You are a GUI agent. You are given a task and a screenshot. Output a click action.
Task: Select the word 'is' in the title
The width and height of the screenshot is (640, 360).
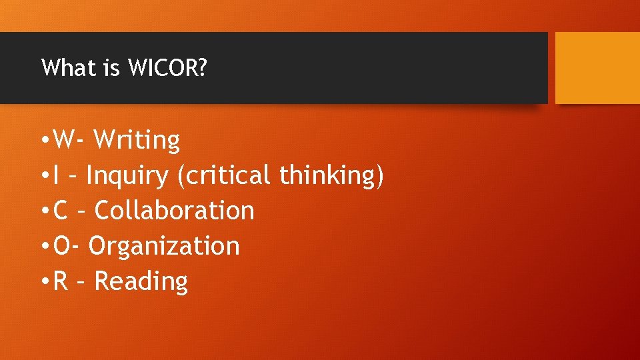[111, 68]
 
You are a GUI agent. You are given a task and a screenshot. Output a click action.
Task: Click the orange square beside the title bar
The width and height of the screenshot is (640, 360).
[597, 68]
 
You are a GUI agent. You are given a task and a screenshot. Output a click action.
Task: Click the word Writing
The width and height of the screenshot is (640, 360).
[137, 141]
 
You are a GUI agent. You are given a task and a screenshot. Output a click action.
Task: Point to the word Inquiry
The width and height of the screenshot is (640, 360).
[127, 176]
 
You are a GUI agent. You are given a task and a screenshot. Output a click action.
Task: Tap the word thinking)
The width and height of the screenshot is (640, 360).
[331, 176]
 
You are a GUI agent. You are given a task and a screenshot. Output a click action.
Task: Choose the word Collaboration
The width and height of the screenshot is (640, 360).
[174, 211]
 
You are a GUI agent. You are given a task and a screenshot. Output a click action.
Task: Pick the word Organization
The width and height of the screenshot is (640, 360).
[163, 246]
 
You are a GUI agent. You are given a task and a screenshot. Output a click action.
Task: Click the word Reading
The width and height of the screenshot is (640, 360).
[141, 281]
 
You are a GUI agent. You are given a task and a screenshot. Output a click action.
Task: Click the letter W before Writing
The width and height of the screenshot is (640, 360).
[65, 141]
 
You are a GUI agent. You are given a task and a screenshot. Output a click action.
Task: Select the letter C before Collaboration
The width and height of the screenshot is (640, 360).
[61, 211]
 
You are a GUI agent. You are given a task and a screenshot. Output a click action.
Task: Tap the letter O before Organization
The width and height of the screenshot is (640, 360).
[61, 246]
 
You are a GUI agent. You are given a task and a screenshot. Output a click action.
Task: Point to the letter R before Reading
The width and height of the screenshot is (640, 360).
[61, 281]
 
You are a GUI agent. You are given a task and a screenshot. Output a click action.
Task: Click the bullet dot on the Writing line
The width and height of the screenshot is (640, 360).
[43, 142]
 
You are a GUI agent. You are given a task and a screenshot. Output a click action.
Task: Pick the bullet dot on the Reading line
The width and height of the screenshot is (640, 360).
[43, 283]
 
